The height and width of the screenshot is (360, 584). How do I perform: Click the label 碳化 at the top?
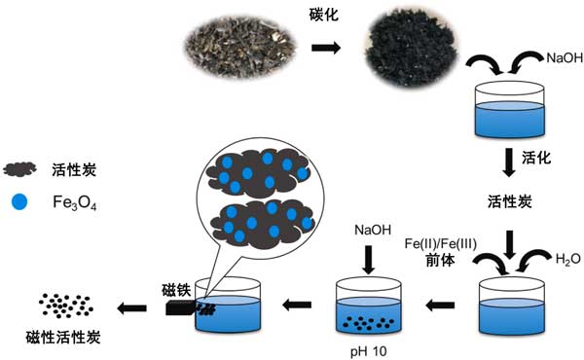point(324,15)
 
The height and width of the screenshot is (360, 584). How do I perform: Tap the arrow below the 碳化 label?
point(326,48)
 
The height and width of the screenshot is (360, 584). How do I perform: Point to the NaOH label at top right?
point(565,57)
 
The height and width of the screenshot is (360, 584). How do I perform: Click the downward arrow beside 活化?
point(509,162)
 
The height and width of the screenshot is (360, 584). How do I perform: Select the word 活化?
point(536,158)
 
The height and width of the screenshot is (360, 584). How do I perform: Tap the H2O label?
point(568,259)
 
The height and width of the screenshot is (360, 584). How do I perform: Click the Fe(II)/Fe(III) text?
point(440,244)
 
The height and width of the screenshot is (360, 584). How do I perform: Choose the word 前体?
point(440,260)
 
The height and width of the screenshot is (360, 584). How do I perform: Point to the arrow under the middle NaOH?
point(369,260)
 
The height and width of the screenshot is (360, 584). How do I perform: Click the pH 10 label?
point(368,351)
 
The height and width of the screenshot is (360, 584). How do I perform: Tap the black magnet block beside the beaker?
point(180,307)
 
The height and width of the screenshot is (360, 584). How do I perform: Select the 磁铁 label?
point(176,290)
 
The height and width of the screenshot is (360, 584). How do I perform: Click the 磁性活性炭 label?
point(63,338)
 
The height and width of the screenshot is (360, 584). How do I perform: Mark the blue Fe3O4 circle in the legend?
point(19,201)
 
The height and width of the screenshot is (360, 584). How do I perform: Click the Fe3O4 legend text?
point(75,202)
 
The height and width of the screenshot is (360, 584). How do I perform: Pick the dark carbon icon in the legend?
point(19,169)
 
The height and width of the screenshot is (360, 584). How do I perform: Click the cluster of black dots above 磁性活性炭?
point(66,306)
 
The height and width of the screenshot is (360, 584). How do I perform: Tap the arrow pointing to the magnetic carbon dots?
point(131,307)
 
